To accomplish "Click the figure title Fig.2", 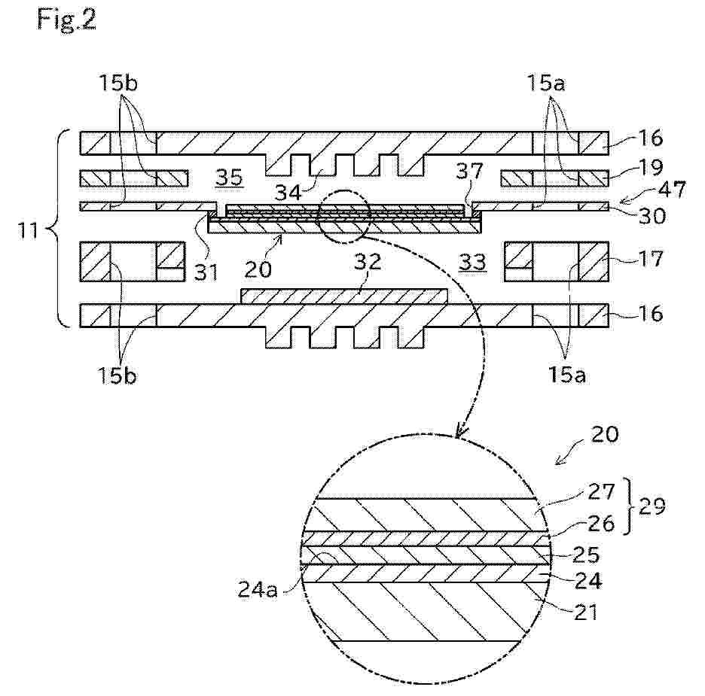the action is tap(66, 20).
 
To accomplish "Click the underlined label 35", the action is tap(228, 178).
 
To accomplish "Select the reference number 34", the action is tap(288, 193).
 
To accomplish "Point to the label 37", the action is tap(470, 171).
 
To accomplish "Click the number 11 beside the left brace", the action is tap(29, 231).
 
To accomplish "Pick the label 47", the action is tap(672, 190).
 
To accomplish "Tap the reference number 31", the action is tap(206, 272).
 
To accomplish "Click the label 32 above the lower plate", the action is tap(368, 261).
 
